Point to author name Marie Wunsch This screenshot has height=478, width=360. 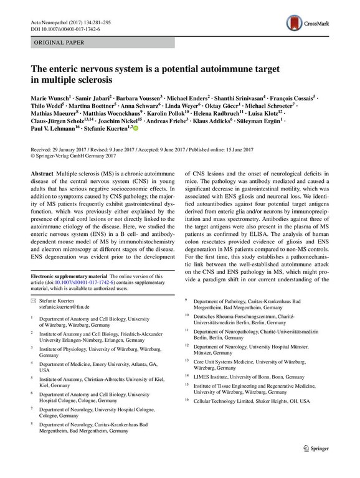point(51,98)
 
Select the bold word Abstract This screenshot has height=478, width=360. point(41,176)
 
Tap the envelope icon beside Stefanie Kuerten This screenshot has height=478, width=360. point(34,317)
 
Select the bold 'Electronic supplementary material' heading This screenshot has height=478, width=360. point(65,294)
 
